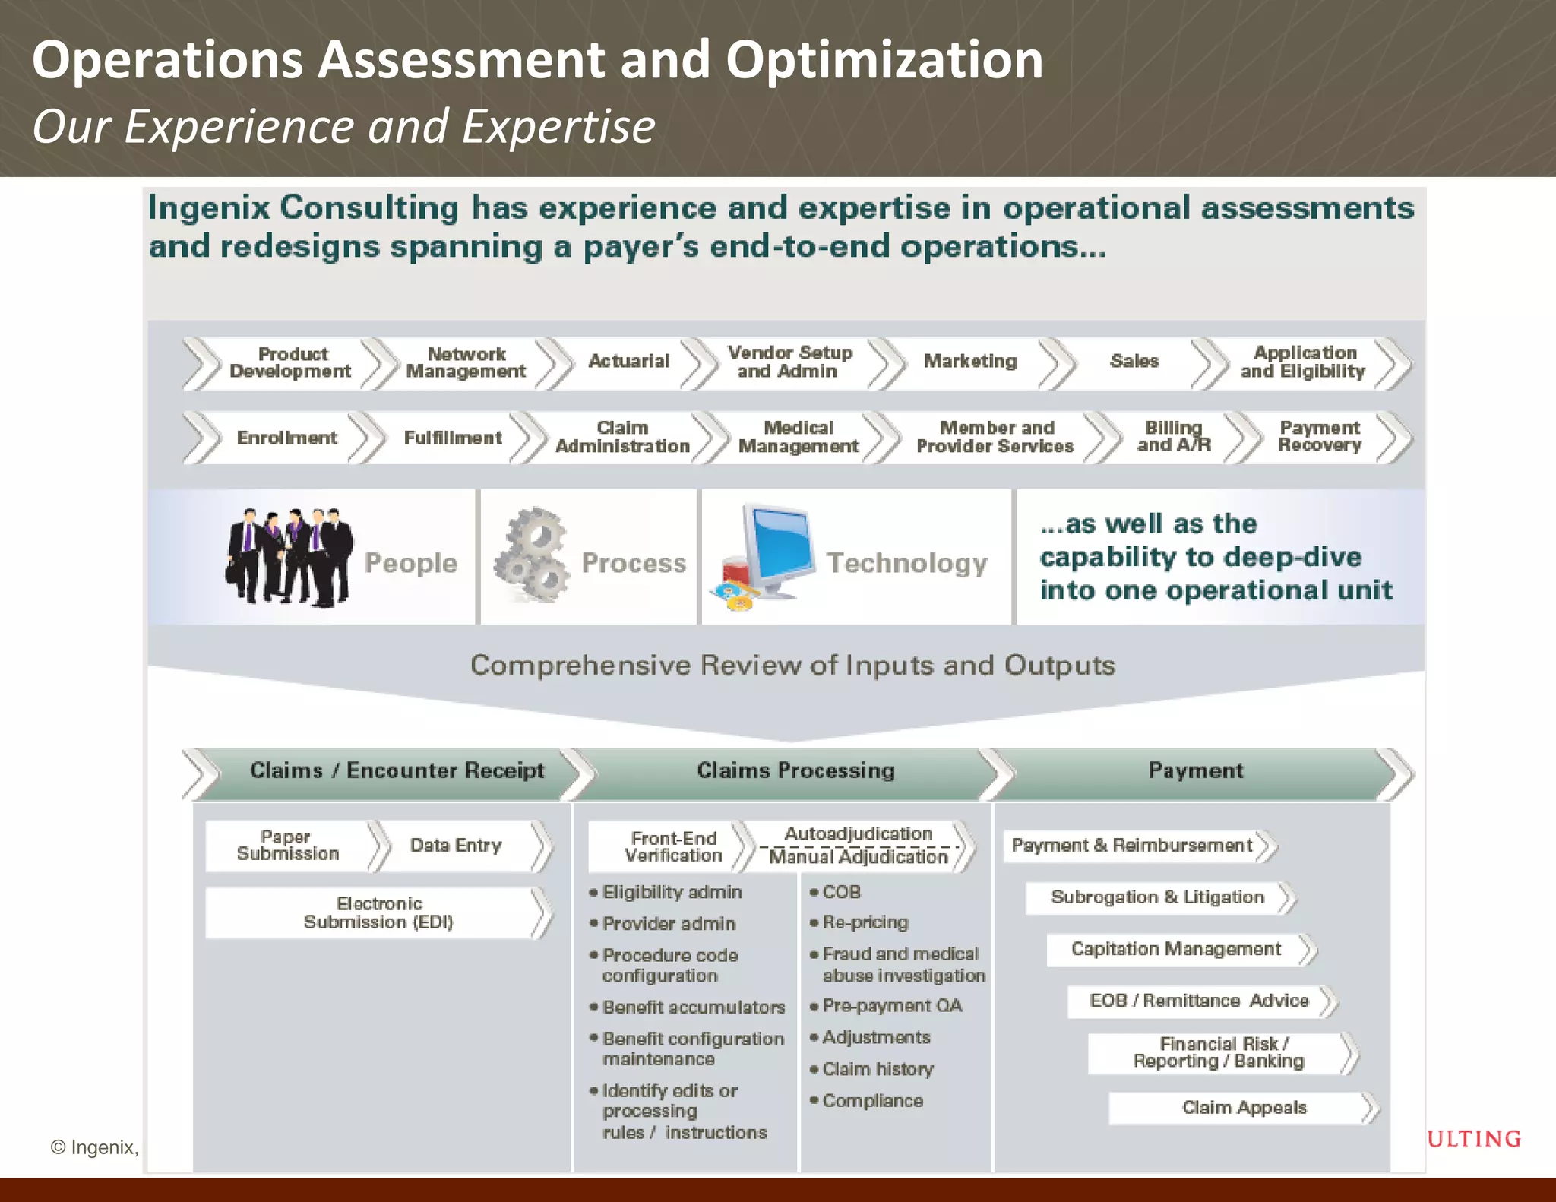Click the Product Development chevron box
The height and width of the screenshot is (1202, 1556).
(290, 363)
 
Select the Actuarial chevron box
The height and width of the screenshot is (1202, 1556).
(628, 362)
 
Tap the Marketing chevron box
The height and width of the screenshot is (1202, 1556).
(969, 362)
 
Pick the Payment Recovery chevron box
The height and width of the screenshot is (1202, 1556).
(1320, 437)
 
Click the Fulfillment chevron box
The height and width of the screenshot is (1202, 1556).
(452, 438)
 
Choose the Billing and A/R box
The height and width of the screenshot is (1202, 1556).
(1172, 437)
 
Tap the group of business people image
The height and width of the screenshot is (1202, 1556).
(289, 557)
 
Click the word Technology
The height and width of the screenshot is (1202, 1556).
(906, 563)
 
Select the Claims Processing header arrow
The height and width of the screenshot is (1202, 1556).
(795, 771)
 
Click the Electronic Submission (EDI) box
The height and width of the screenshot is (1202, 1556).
(378, 913)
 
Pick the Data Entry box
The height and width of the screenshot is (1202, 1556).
(456, 846)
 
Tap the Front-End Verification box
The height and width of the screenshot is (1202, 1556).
(672, 846)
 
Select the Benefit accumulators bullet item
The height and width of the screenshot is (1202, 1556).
(693, 1007)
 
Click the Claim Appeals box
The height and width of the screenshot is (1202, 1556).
(1243, 1108)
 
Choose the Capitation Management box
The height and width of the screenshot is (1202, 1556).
(1175, 949)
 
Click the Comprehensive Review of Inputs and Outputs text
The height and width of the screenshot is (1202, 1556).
(792, 666)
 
